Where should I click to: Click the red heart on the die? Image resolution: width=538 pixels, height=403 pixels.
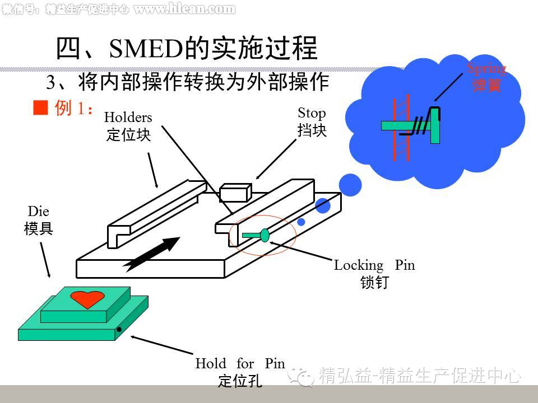87,299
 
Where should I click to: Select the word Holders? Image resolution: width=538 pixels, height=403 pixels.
128,118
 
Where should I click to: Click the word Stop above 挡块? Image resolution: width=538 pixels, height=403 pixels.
312,114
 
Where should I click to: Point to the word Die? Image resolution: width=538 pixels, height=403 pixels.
38,212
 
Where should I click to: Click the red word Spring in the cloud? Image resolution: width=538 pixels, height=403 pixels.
486,69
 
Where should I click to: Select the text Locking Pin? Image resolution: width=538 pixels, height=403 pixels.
374,265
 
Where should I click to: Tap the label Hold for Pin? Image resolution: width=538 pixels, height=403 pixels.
240,363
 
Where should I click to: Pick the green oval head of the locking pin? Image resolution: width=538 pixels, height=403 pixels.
265,235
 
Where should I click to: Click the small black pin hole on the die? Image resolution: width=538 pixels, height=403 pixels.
119,330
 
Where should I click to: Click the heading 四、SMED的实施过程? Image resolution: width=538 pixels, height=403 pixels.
187,48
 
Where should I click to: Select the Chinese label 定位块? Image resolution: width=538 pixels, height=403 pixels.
128,135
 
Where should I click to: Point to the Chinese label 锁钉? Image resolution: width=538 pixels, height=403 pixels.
374,283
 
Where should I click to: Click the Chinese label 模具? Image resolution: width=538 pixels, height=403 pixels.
38,228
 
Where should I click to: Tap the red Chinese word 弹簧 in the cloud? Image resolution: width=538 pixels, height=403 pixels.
486,86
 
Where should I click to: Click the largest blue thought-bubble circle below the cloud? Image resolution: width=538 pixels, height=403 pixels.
351,185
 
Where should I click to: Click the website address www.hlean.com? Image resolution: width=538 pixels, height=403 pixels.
184,8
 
